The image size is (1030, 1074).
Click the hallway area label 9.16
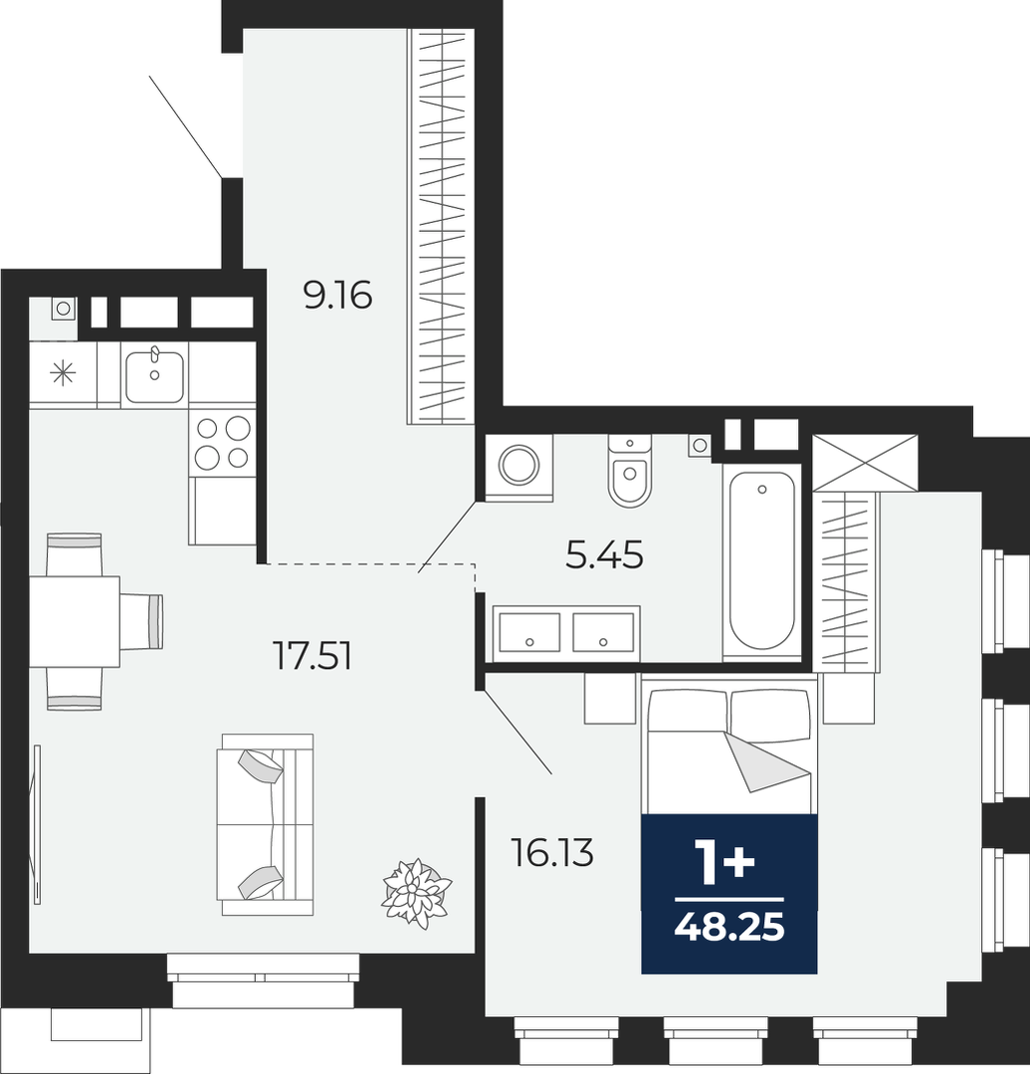pyautogui.click(x=337, y=296)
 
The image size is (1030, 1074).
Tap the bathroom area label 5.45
pyautogui.click(x=605, y=554)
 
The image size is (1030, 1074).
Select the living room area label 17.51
pyautogui.click(x=312, y=656)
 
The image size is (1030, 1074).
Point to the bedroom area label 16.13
pyautogui.click(x=552, y=853)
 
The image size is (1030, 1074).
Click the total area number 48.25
pyautogui.click(x=729, y=928)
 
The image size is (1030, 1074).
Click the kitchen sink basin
pyautogui.click(x=155, y=375)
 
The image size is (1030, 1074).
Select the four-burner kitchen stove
pyautogui.click(x=223, y=443)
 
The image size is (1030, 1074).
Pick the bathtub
pyautogui.click(x=761, y=561)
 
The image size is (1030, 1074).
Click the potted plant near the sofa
pyautogui.click(x=416, y=893)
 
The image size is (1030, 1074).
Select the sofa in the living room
pyautogui.click(x=265, y=825)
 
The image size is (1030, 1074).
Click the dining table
pyautogui.click(x=75, y=621)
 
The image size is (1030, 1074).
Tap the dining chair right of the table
pyautogui.click(x=142, y=621)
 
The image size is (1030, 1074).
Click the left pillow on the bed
pyautogui.click(x=688, y=712)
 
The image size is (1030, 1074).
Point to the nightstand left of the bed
pyautogui.click(x=610, y=698)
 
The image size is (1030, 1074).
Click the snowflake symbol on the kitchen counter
pyautogui.click(x=63, y=374)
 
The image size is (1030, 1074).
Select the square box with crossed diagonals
pyautogui.click(x=864, y=463)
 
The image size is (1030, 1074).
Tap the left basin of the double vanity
pyautogui.click(x=529, y=632)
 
